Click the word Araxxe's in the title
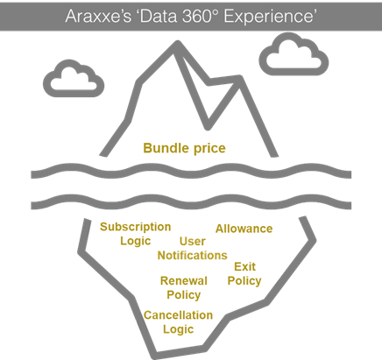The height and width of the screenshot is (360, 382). [98, 16]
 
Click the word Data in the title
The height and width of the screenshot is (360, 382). [159, 16]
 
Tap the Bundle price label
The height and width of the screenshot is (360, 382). [184, 148]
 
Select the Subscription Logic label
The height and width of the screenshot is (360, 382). [135, 234]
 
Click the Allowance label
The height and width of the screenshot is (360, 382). [244, 229]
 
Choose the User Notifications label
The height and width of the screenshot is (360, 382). [192, 249]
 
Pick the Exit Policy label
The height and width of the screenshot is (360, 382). [244, 274]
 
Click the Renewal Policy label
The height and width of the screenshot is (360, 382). [184, 288]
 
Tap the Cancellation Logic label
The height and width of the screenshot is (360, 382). [178, 322]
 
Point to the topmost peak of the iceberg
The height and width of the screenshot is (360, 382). [178, 44]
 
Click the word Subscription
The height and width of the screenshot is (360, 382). [135, 227]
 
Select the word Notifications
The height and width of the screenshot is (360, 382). [192, 256]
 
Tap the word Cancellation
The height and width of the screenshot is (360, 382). [178, 315]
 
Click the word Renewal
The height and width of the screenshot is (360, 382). [184, 281]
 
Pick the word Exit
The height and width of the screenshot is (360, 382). [244, 266]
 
